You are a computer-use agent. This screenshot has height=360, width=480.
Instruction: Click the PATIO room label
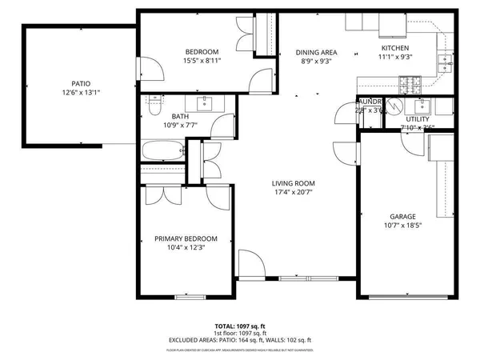click(80, 82)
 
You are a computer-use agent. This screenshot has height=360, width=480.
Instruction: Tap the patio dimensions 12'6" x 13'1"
click(80, 93)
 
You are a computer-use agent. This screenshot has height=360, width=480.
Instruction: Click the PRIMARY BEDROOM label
click(186, 238)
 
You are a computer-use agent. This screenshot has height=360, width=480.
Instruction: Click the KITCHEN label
click(394, 48)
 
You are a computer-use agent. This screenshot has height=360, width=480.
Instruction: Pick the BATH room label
click(158, 116)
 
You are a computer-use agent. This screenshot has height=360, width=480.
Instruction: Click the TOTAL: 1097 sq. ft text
click(239, 326)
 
